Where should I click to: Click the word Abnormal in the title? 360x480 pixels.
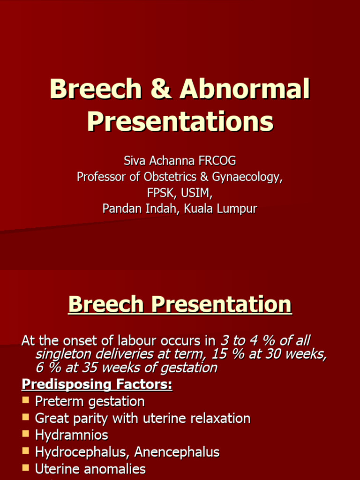point(246,89)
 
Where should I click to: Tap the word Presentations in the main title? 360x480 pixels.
point(180,121)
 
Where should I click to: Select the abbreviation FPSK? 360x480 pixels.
point(160,193)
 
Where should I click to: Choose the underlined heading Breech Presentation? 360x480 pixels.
point(180,305)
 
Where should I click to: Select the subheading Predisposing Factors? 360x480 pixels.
point(97,385)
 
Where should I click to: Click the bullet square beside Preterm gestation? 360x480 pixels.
point(26,401)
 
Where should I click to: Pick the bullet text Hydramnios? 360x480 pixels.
point(71,435)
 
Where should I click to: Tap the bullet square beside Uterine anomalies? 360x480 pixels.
point(26,468)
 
